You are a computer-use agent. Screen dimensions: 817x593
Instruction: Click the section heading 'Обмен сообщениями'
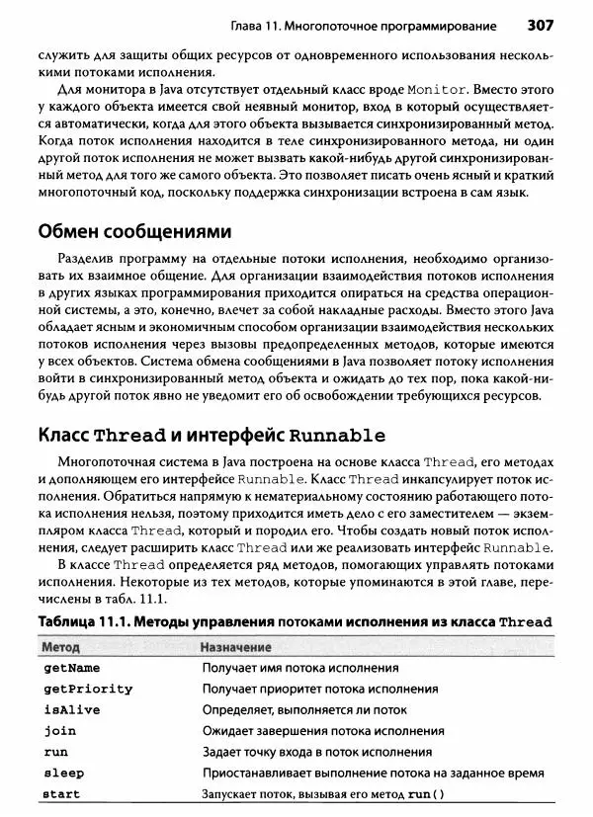[x=133, y=232]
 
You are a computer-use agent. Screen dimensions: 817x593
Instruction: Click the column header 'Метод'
[x=62, y=647]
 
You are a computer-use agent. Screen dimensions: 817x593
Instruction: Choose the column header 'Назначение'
[x=236, y=647]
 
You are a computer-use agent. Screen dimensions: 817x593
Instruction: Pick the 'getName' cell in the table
[x=72, y=668]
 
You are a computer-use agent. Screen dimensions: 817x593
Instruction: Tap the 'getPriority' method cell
[x=88, y=689]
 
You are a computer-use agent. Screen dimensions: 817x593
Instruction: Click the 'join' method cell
[x=60, y=731]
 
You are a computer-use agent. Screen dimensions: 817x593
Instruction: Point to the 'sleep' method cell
[x=64, y=773]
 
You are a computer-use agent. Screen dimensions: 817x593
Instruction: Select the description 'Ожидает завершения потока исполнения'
[x=323, y=731]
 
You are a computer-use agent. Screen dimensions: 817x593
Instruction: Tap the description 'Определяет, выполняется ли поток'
[x=304, y=710]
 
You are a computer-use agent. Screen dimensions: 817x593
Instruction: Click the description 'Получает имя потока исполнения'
[x=300, y=668]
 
